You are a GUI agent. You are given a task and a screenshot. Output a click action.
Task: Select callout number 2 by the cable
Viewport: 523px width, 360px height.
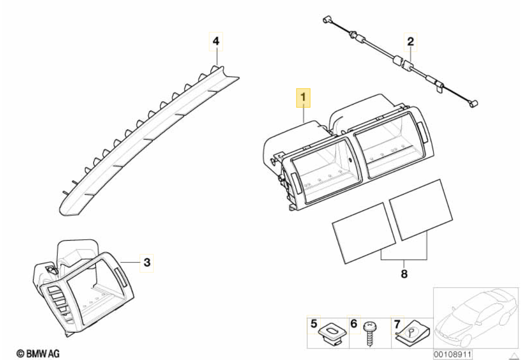click(x=410, y=42)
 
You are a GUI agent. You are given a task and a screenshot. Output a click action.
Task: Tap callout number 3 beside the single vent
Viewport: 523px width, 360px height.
click(x=147, y=261)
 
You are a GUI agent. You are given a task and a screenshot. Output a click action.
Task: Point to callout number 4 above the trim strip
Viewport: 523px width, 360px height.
click(x=216, y=42)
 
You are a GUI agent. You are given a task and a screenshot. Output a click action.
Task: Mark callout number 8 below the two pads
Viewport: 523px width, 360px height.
click(x=404, y=273)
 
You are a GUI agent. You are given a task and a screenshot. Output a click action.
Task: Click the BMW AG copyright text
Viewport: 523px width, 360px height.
click(x=38, y=353)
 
